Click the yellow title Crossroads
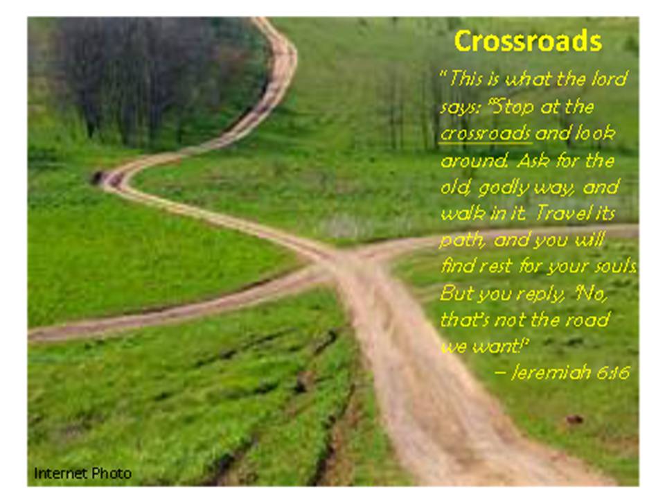(528, 41)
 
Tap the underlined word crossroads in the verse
(485, 134)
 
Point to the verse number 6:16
(613, 372)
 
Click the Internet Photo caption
(82, 473)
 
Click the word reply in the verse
(541, 294)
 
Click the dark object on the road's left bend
(98, 177)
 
